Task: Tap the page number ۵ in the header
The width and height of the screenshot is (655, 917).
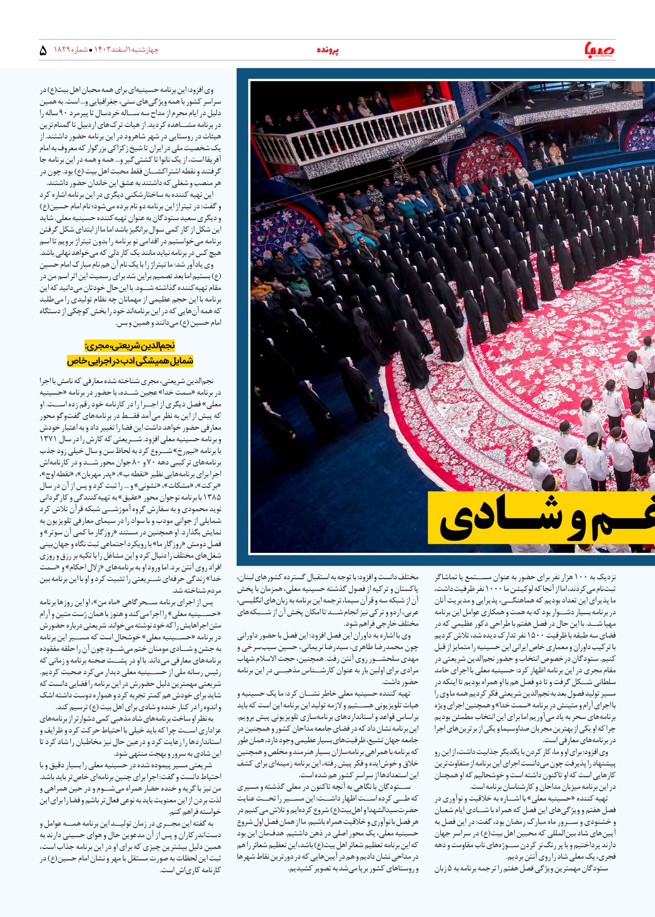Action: point(44,51)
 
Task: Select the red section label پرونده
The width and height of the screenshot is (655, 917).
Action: point(327,51)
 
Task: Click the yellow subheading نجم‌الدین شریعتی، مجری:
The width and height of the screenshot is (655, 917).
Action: point(130,346)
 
